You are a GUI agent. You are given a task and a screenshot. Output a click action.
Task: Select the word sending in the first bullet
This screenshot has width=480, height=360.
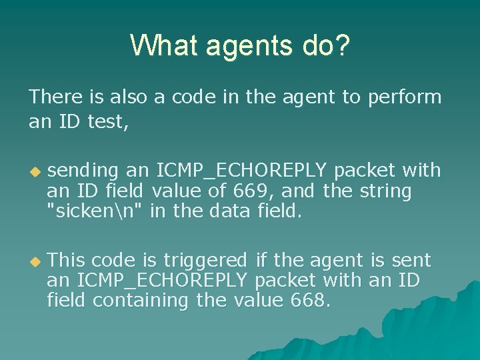[83, 171]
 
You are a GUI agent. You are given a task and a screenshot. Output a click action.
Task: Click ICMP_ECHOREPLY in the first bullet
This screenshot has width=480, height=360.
[243, 171]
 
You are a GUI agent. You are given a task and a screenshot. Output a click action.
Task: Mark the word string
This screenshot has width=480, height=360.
[385, 191]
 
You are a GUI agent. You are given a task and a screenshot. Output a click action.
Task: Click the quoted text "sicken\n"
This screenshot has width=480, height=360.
[95, 212]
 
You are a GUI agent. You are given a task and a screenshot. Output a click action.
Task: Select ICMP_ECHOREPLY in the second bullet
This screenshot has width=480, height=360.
[163, 280]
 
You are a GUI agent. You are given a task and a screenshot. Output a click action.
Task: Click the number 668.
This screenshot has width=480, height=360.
[310, 301]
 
